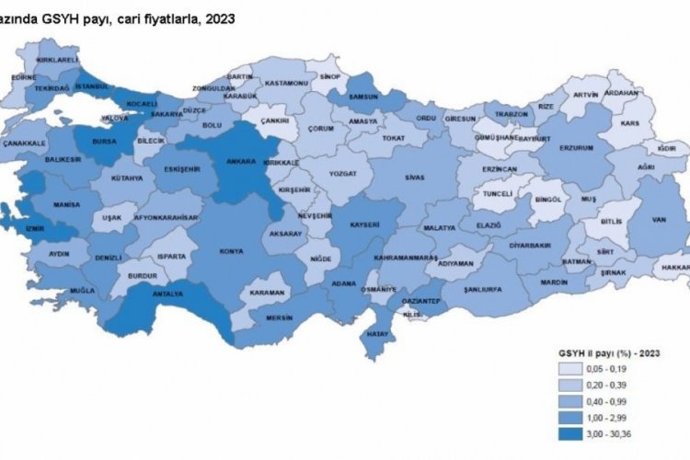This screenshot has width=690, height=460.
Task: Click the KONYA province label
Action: pos(231,249)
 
